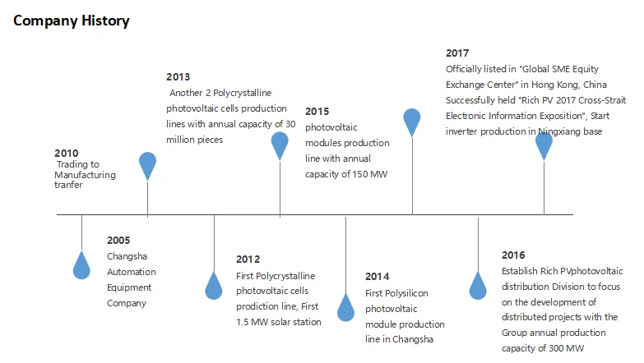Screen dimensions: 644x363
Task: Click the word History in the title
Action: (x=105, y=21)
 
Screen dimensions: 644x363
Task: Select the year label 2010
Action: (x=66, y=154)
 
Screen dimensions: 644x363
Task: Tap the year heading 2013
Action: (x=178, y=77)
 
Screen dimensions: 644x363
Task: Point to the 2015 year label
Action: (x=317, y=112)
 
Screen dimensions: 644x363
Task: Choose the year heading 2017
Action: (x=457, y=53)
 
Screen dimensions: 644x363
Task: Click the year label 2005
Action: (x=118, y=241)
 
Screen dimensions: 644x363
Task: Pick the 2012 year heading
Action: (x=248, y=260)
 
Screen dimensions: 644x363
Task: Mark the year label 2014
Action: (x=377, y=277)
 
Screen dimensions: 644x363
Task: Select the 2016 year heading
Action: (x=513, y=255)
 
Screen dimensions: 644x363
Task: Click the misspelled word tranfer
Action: (x=68, y=185)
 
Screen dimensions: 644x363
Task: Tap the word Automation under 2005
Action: (x=132, y=272)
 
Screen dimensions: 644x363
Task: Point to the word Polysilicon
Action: (x=406, y=294)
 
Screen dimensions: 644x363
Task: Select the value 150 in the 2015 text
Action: (x=359, y=174)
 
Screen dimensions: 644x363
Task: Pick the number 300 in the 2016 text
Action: (x=556, y=349)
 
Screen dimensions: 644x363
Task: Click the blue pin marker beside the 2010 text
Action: (x=147, y=166)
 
